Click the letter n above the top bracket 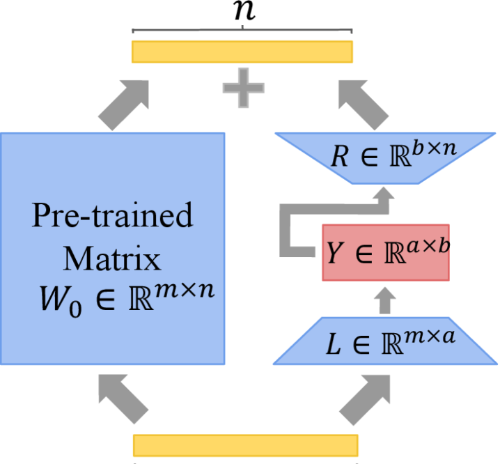point(242,12)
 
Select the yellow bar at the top point(242,52)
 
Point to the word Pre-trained point(111,217)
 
